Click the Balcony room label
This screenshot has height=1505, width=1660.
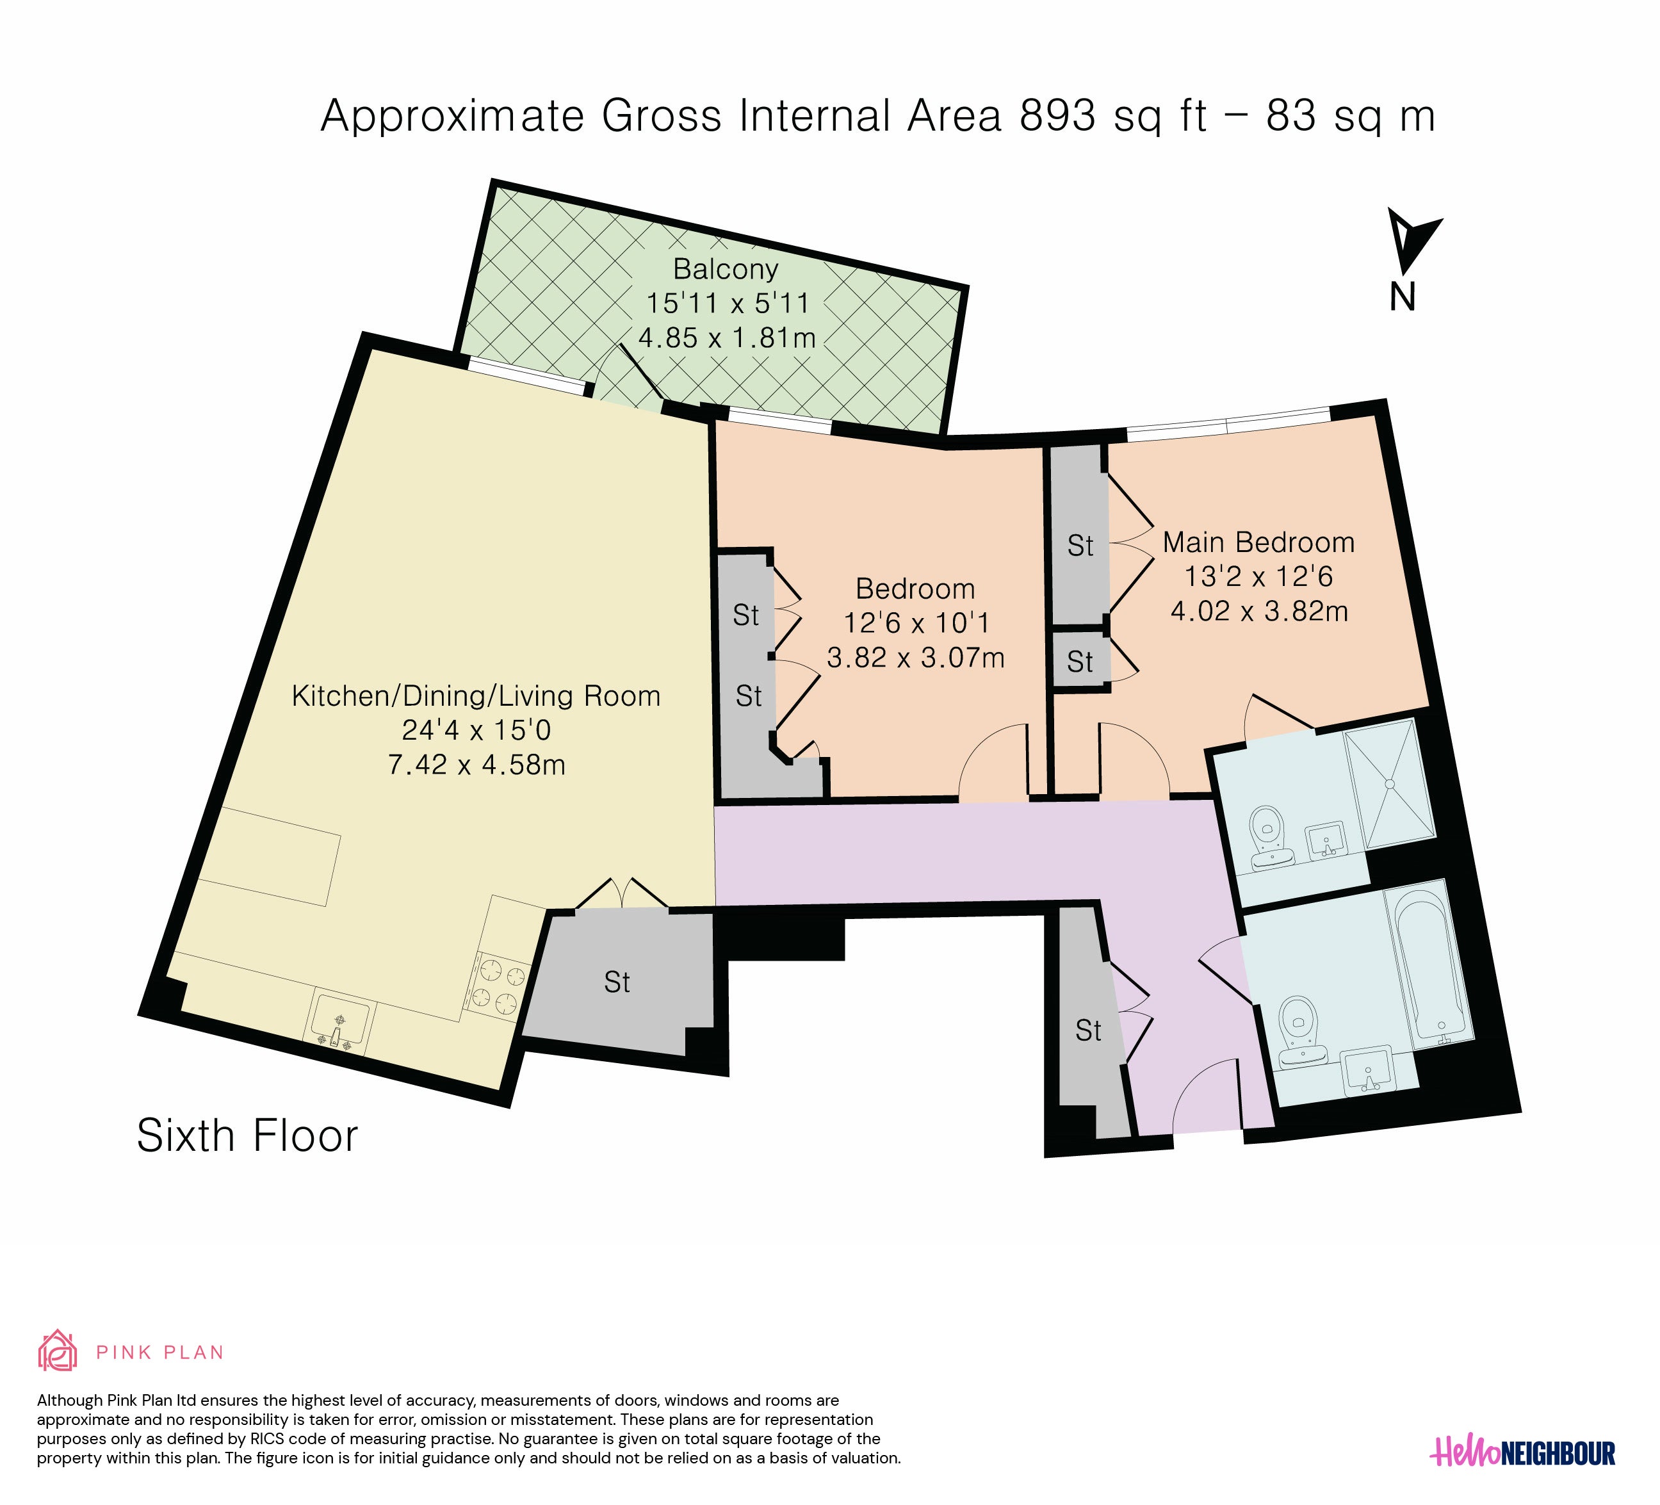pos(726,269)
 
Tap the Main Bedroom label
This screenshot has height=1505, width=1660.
pos(1258,542)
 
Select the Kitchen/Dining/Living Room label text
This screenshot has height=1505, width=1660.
pos(476,697)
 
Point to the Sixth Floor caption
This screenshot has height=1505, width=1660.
pos(247,1136)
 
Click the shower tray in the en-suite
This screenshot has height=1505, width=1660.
pos(1390,784)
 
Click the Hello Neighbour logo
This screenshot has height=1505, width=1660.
pos(1522,1451)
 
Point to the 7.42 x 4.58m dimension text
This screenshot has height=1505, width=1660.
pos(476,765)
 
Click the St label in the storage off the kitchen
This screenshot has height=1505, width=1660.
pos(617,982)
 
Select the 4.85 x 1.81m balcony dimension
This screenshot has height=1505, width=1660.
pos(726,338)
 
